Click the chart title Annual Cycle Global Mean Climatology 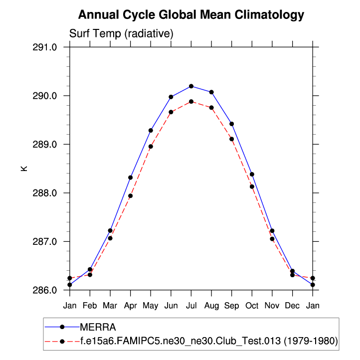(191, 15)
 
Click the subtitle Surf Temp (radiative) (121, 34)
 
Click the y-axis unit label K (24, 169)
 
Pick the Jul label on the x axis (191, 305)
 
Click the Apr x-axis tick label (131, 305)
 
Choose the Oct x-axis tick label (252, 305)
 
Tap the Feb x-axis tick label (90, 305)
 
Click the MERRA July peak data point (191, 86)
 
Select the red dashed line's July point (191, 102)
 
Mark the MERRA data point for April (131, 178)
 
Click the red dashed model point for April (131, 196)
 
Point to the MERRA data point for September (232, 124)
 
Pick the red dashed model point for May (151, 147)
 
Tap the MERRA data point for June (171, 97)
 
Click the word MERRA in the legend (98, 327)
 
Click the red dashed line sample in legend (62, 341)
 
